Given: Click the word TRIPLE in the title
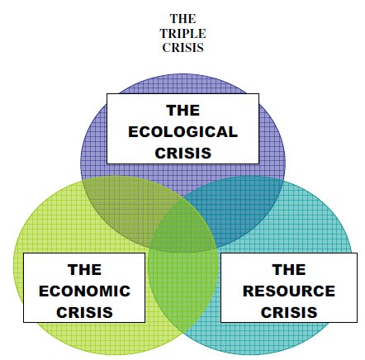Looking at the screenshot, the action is click(x=182, y=34).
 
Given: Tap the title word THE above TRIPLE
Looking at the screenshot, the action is click(x=182, y=19).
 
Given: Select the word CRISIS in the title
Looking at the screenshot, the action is click(x=182, y=48).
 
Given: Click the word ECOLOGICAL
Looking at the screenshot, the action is click(x=182, y=131).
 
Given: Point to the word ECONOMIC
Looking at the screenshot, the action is click(x=84, y=291).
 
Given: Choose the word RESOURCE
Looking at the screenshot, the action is click(x=289, y=291).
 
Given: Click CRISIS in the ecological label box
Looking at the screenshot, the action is click(x=182, y=153).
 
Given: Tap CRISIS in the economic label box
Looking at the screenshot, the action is click(x=84, y=312).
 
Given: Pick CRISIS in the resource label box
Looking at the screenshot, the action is click(x=289, y=312).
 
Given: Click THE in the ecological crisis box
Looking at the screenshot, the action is click(x=182, y=111).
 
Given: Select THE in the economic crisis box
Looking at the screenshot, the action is click(x=84, y=269).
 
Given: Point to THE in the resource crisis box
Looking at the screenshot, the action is click(x=289, y=269).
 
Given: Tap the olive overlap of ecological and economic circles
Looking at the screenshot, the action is click(x=126, y=209).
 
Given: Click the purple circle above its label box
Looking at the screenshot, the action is click(x=182, y=83).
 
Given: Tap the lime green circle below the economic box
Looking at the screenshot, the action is click(x=97, y=336).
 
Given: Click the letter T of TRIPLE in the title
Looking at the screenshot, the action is click(x=164, y=34).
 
